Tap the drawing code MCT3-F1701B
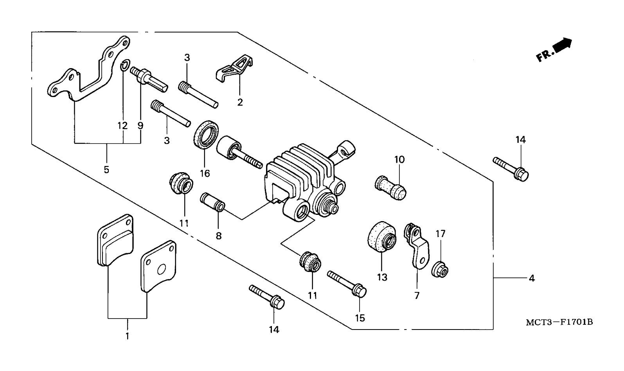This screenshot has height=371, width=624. [559, 322]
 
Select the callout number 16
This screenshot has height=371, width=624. [205, 173]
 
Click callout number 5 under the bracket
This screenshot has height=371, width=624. [106, 169]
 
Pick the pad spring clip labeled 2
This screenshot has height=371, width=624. [235, 68]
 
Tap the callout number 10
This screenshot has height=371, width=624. [399, 160]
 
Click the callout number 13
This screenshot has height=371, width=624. [382, 277]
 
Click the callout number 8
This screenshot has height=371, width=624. [219, 236]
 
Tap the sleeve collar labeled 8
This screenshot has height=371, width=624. [212, 202]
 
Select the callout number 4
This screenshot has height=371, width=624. [532, 278]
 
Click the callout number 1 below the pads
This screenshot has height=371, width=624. [127, 336]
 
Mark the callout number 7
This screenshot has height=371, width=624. [417, 295]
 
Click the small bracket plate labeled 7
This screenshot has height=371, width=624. [417, 246]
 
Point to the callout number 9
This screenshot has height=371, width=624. [140, 126]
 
